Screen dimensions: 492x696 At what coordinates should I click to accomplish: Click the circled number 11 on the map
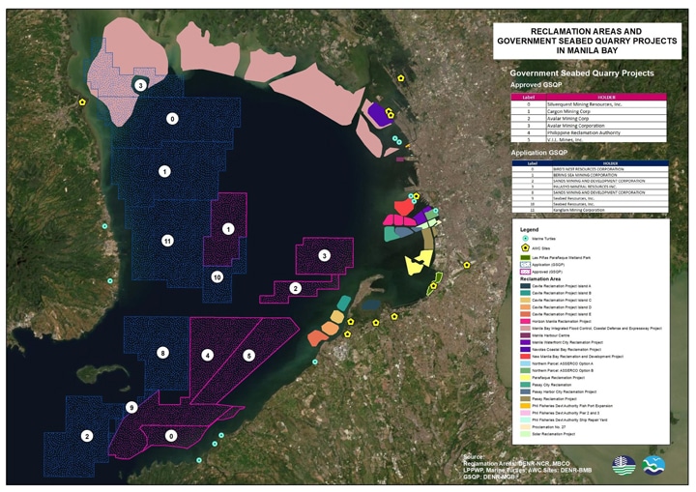[x=167, y=240]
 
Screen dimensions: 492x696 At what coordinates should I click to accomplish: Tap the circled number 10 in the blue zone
[x=217, y=277]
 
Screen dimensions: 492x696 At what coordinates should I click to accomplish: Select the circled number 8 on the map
[x=162, y=353]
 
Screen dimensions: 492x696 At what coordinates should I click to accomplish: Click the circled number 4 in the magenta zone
[x=207, y=356]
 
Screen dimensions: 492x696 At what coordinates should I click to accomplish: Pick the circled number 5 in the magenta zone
[x=248, y=356]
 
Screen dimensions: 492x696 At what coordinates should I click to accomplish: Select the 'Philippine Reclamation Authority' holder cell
[x=590, y=131]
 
